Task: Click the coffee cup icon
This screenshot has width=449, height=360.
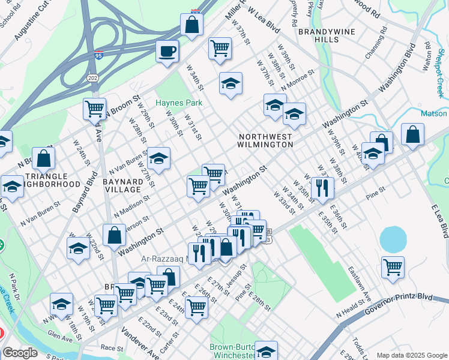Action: [167, 50]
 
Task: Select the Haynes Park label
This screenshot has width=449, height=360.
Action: [179, 103]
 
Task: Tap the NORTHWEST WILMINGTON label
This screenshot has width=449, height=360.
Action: [265, 140]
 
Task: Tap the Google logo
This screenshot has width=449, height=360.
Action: [20, 353]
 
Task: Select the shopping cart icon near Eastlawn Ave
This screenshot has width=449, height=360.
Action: [393, 267]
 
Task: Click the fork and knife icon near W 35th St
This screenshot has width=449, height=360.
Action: [322, 188]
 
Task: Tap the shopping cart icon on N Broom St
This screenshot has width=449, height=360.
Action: [94, 109]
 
